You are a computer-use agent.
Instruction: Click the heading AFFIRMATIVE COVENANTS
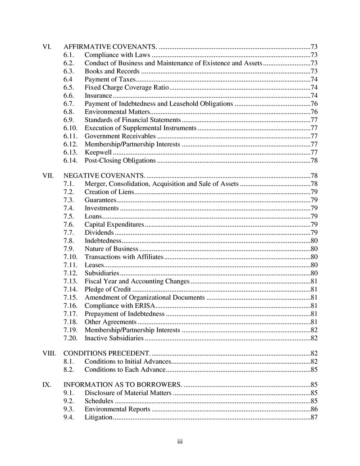click(x=110, y=47)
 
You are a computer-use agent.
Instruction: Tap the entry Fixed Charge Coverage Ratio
click(x=127, y=87)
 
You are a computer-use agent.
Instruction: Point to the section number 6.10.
click(x=71, y=128)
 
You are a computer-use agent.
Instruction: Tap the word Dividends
click(x=99, y=233)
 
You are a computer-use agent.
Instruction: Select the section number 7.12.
click(x=71, y=273)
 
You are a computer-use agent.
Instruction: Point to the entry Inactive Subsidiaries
click(x=114, y=338)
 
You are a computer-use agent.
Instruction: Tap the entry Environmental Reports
click(x=118, y=409)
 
